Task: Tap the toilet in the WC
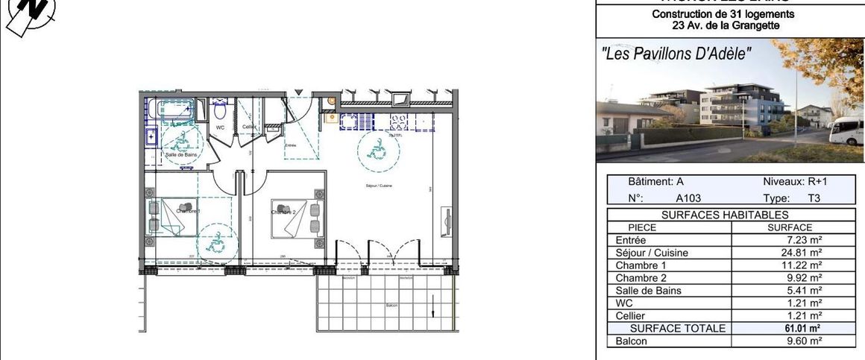coord(220,113)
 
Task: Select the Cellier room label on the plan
coord(249,127)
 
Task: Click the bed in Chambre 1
coord(177,218)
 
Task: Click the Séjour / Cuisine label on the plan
coord(380,186)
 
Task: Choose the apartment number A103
coord(689,199)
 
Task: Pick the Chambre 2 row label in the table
coord(636,278)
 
